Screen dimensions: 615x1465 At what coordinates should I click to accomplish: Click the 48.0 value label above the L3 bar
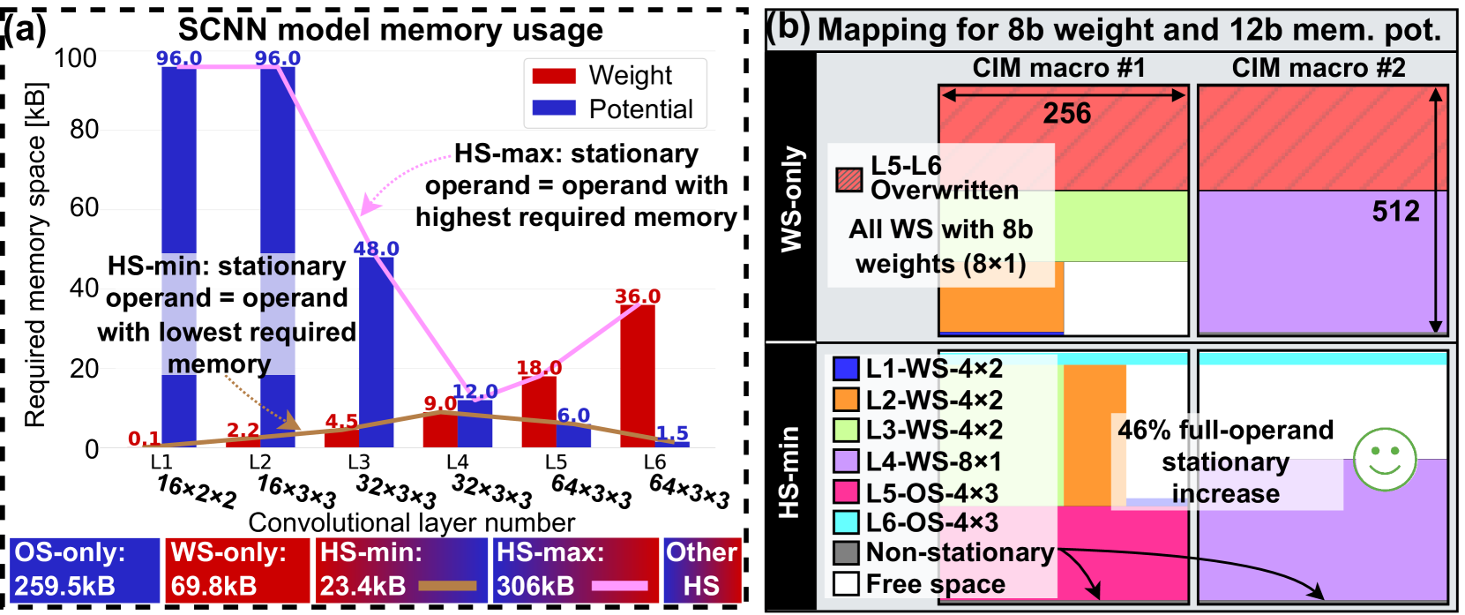coord(376,249)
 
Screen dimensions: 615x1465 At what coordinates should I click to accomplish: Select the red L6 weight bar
coord(638,375)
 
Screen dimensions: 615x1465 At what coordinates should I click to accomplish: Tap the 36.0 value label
coord(638,296)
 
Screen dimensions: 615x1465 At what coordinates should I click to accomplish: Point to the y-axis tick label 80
coord(84,130)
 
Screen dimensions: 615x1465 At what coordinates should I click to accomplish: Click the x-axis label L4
coord(457,462)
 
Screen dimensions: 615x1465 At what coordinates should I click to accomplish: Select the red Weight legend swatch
coord(554,76)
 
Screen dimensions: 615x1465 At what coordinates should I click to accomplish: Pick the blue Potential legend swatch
coord(554,109)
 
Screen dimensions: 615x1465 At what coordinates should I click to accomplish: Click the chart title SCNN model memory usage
coord(391,30)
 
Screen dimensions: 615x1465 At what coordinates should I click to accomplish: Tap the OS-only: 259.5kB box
coord(86,570)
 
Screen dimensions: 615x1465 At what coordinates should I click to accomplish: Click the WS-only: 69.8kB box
coord(236,570)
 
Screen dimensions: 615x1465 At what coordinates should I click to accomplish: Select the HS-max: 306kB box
coord(575,570)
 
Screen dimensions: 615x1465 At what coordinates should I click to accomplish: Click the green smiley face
coord(1384,460)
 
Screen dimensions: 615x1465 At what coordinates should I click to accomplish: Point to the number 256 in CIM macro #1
coord(1066,114)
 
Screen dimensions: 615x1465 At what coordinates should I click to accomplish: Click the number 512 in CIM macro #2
coord(1395,212)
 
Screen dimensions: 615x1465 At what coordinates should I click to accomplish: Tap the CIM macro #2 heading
coord(1318,68)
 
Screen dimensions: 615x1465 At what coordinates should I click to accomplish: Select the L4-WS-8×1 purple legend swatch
coord(846,461)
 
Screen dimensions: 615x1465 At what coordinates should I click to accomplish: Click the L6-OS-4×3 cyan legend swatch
coord(846,521)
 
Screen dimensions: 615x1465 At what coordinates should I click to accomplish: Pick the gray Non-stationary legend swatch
coord(846,552)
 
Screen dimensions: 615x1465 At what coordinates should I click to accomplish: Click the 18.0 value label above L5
coord(538,368)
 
